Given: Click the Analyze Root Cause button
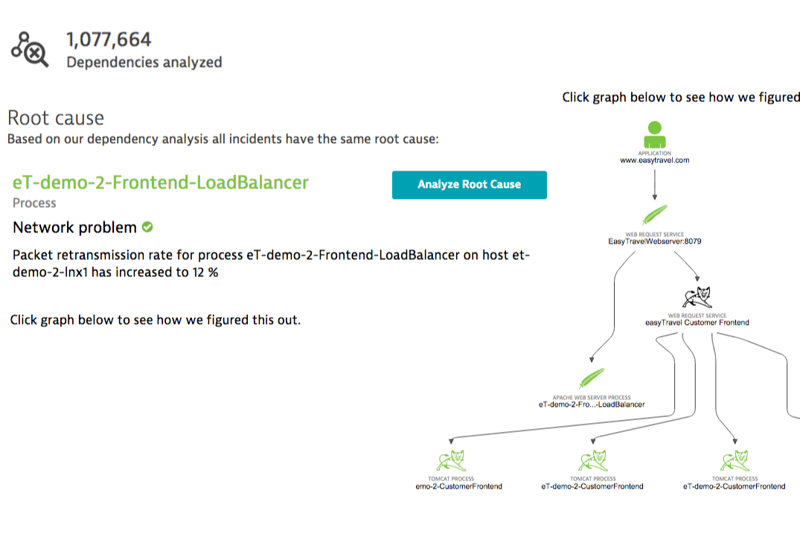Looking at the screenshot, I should (x=469, y=185).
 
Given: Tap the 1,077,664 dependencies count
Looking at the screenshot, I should (x=109, y=39).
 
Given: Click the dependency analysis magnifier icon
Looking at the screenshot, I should (x=30, y=50).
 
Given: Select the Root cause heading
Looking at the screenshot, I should (x=56, y=118).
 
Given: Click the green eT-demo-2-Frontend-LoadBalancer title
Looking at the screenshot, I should (x=161, y=182).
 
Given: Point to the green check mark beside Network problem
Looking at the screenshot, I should (x=147, y=227).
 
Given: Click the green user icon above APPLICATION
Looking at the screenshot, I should (x=655, y=135).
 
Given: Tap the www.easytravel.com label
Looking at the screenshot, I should (x=655, y=160).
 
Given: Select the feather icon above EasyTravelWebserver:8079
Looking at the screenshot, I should (x=654, y=215).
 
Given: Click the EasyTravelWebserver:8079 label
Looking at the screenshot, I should (x=655, y=241).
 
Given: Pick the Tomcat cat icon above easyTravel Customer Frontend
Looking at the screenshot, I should (x=697, y=298).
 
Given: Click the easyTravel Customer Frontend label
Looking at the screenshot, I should (x=697, y=322).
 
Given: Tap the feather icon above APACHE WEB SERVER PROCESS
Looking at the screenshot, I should (x=592, y=378).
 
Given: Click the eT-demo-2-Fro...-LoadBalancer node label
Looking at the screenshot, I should (x=592, y=404).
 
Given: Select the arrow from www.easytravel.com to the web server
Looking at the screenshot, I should (x=655, y=184).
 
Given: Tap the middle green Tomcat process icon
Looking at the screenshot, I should (x=592, y=460).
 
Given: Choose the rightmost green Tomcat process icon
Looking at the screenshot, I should (x=735, y=460).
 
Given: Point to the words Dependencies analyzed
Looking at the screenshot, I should (x=144, y=63).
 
